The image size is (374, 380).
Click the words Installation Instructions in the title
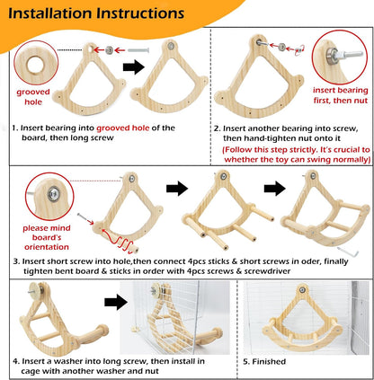pos(96,13)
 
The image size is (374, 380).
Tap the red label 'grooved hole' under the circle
pos(33,97)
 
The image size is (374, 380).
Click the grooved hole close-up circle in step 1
pos(36,63)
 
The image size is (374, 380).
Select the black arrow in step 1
pos(134,66)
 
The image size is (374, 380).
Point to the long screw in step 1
pos(139,50)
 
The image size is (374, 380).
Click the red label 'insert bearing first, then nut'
pos(341,95)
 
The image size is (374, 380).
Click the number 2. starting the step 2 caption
pos(218,128)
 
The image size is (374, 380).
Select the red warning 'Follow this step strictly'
pos(297,155)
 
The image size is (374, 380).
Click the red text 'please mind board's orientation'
pos(47,237)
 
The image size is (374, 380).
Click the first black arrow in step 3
pos(177,189)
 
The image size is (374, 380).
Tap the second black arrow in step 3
pos(275,189)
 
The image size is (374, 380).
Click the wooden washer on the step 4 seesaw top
pos(39,290)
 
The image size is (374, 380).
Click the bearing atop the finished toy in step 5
pos(302,290)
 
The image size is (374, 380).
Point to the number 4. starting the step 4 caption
pos(16,361)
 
